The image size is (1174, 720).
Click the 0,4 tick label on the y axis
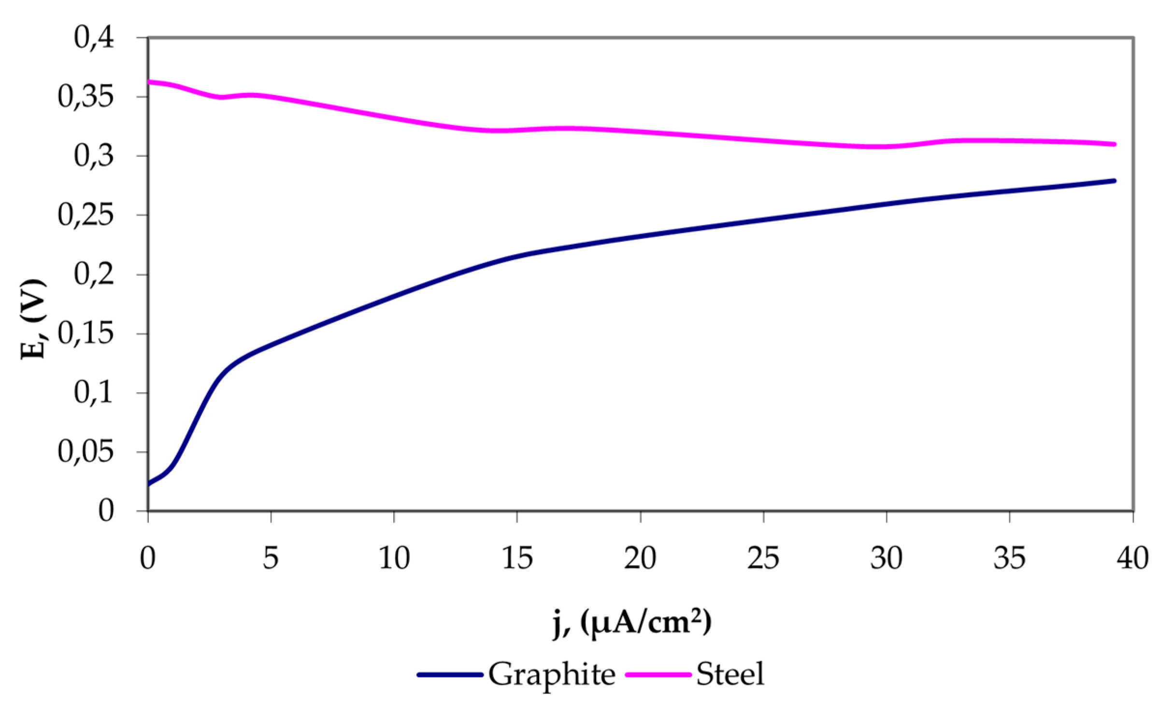94,38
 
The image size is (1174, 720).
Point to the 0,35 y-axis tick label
86,97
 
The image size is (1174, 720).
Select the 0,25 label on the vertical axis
86,215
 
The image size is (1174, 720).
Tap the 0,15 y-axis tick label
86,334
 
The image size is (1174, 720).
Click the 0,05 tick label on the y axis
86,452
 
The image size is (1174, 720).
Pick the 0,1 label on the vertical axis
94,393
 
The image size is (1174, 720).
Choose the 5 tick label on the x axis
271,559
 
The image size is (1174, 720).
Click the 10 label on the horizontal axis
394,559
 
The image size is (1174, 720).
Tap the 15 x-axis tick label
517,559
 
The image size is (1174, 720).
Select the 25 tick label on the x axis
763,559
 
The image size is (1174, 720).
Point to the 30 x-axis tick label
887,559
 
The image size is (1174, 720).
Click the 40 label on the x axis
1132,559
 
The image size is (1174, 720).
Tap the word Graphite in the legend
552,675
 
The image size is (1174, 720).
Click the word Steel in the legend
730,675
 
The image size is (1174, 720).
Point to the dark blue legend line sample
450,675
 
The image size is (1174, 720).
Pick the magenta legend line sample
658,675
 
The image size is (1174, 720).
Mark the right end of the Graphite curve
1114,181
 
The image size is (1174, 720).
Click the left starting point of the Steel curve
149,82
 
